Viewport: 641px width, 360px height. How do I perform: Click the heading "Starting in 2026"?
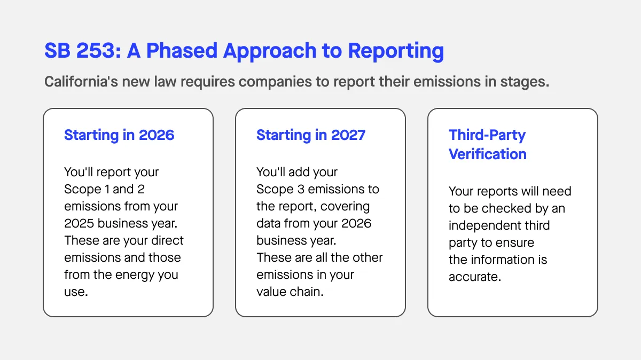click(x=119, y=135)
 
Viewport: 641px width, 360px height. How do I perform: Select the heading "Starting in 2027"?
click(x=311, y=135)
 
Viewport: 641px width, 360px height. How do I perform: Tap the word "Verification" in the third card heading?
click(x=487, y=154)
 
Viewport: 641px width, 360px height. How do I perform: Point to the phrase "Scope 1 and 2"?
click(x=104, y=189)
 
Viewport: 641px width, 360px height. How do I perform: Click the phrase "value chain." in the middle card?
click(x=290, y=292)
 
